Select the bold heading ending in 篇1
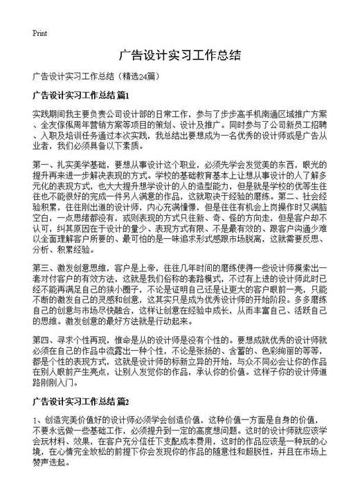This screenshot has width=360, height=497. (81, 93)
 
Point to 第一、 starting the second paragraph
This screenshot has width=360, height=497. (43, 163)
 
